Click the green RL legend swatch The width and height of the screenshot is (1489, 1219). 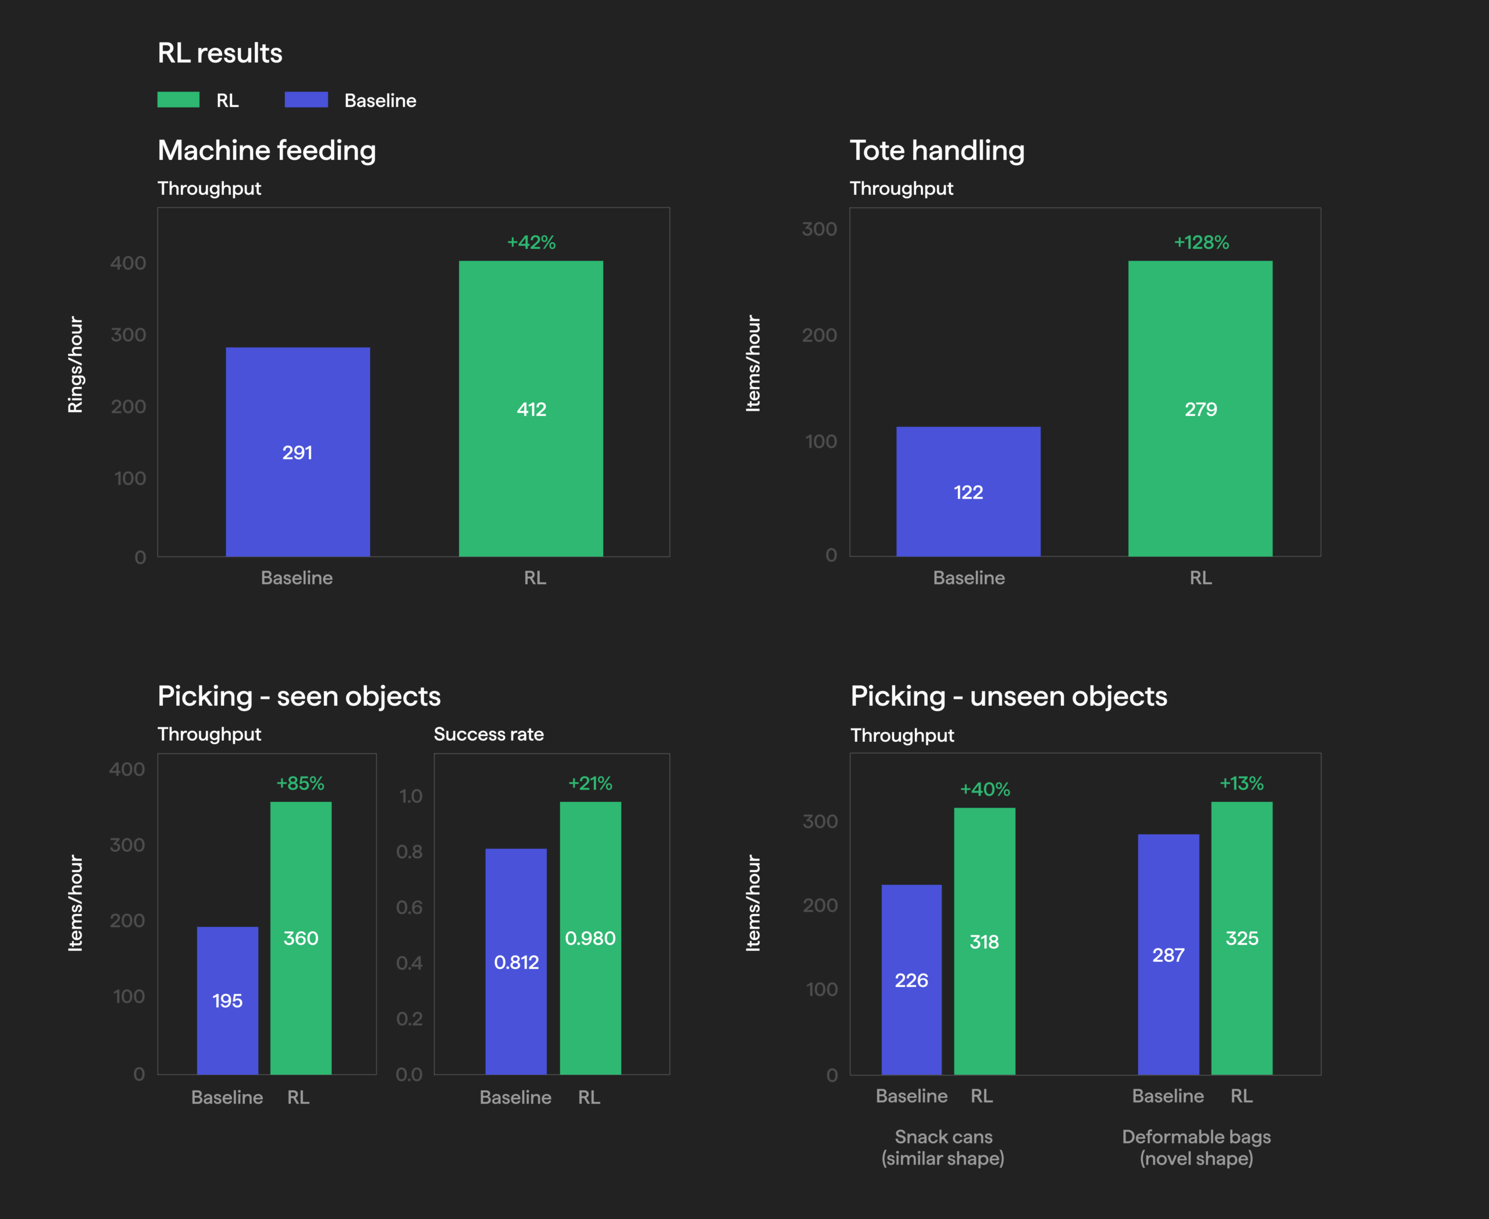pyautogui.click(x=179, y=99)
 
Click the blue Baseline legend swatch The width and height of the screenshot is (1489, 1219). pyautogui.click(x=306, y=99)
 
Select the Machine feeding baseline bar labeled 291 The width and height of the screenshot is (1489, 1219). pyautogui.click(x=298, y=452)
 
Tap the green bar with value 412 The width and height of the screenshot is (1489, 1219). pyautogui.click(x=530, y=408)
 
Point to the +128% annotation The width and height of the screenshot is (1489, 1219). pyautogui.click(x=1201, y=242)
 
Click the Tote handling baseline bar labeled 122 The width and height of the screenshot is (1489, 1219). pyautogui.click(x=968, y=492)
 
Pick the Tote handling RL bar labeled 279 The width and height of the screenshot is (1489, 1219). pyautogui.click(x=1201, y=408)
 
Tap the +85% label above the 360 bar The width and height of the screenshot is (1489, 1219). pyautogui.click(x=301, y=783)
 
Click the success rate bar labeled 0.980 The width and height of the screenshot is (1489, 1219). pyautogui.click(x=590, y=938)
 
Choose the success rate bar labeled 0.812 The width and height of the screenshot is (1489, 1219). pyautogui.click(x=516, y=961)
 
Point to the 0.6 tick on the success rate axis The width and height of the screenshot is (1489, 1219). pyautogui.click(x=409, y=907)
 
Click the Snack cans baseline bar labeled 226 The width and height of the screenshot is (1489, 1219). pyautogui.click(x=911, y=979)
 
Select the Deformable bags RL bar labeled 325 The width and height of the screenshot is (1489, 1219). pyautogui.click(x=1242, y=938)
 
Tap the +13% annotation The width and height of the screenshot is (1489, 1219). pyautogui.click(x=1241, y=783)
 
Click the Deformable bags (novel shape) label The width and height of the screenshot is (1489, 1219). pyautogui.click(x=1196, y=1147)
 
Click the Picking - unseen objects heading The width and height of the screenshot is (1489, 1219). pyautogui.click(x=1009, y=696)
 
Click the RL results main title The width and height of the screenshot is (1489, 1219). pyautogui.click(x=220, y=53)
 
